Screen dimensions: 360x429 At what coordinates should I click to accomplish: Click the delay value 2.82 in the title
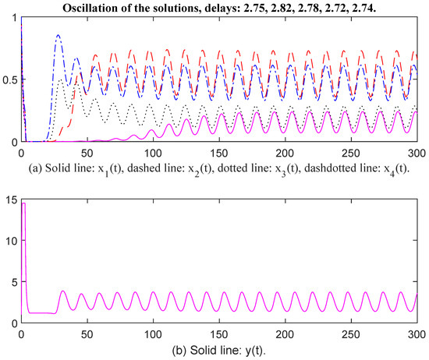click(282, 8)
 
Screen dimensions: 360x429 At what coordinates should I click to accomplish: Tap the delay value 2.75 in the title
click(254, 8)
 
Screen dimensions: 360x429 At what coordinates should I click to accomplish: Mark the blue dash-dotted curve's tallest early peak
click(58, 35)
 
